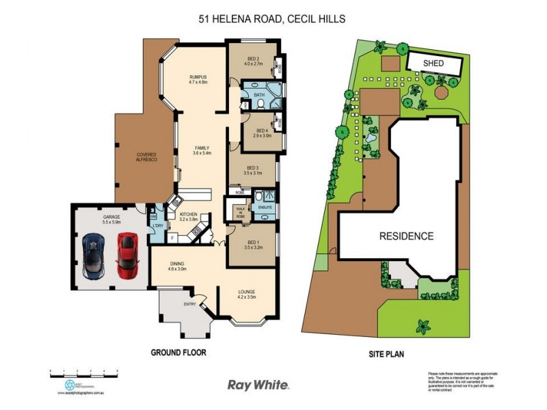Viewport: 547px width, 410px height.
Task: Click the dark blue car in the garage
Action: pyautogui.click(x=92, y=254)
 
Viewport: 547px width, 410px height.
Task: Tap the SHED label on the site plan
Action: pyautogui.click(x=433, y=64)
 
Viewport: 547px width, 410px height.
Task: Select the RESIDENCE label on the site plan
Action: pyautogui.click(x=407, y=236)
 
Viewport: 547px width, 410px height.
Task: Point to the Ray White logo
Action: pyautogui.click(x=258, y=385)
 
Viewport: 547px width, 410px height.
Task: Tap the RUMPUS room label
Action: pyautogui.click(x=198, y=79)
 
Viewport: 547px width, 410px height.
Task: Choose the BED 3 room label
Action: pyautogui.click(x=252, y=170)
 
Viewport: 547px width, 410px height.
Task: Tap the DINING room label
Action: pyautogui.click(x=177, y=266)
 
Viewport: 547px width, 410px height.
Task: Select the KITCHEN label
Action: pyautogui.click(x=188, y=217)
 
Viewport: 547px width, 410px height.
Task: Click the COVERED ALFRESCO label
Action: pyautogui.click(x=147, y=156)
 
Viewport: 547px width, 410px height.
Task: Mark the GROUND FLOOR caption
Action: pyautogui.click(x=178, y=353)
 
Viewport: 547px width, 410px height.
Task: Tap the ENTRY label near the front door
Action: pyautogui.click(x=189, y=304)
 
